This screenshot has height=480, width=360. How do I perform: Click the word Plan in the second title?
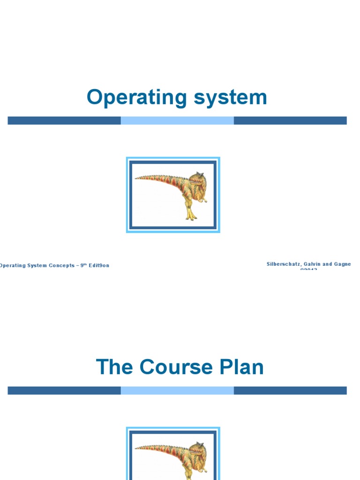click(x=242, y=367)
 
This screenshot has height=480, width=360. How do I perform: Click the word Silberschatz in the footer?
click(x=284, y=264)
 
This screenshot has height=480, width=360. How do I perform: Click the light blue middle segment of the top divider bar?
click(x=177, y=120)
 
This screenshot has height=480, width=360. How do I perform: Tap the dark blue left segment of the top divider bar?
click(x=64, y=120)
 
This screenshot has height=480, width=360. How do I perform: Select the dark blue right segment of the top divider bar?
click(x=290, y=120)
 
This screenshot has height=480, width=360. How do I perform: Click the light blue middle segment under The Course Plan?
click(x=177, y=390)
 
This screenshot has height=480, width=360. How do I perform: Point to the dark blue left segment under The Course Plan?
click(x=64, y=390)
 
